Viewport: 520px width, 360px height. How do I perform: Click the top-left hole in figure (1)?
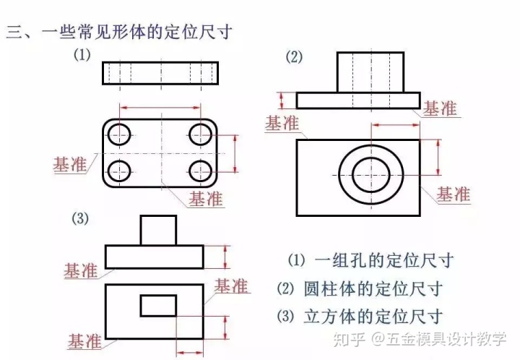pyautogui.click(x=120, y=133)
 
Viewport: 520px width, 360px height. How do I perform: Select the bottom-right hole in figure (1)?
pyautogui.click(x=199, y=171)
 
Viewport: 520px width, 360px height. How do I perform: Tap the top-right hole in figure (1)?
pyautogui.click(x=199, y=133)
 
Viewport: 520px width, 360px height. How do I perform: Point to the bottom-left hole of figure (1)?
pyautogui.click(x=120, y=171)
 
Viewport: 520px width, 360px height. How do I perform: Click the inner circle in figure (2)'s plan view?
pyautogui.click(x=370, y=175)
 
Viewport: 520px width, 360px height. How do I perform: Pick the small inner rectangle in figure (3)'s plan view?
pyautogui.click(x=158, y=306)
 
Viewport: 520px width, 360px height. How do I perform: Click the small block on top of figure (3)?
pyautogui.click(x=158, y=230)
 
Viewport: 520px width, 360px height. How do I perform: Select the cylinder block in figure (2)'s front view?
pyautogui.click(x=370, y=72)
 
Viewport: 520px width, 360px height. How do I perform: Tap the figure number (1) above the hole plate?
pyautogui.click(x=83, y=55)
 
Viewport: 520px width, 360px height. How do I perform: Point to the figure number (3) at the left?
pyautogui.click(x=80, y=219)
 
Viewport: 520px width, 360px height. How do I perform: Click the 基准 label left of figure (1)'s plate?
pyautogui.click(x=70, y=164)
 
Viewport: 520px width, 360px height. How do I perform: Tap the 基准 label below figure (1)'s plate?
pyautogui.click(x=206, y=198)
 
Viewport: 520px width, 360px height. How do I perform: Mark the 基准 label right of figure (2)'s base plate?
pyautogui.click(x=440, y=108)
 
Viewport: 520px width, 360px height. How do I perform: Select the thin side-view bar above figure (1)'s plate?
pyautogui.click(x=160, y=73)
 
